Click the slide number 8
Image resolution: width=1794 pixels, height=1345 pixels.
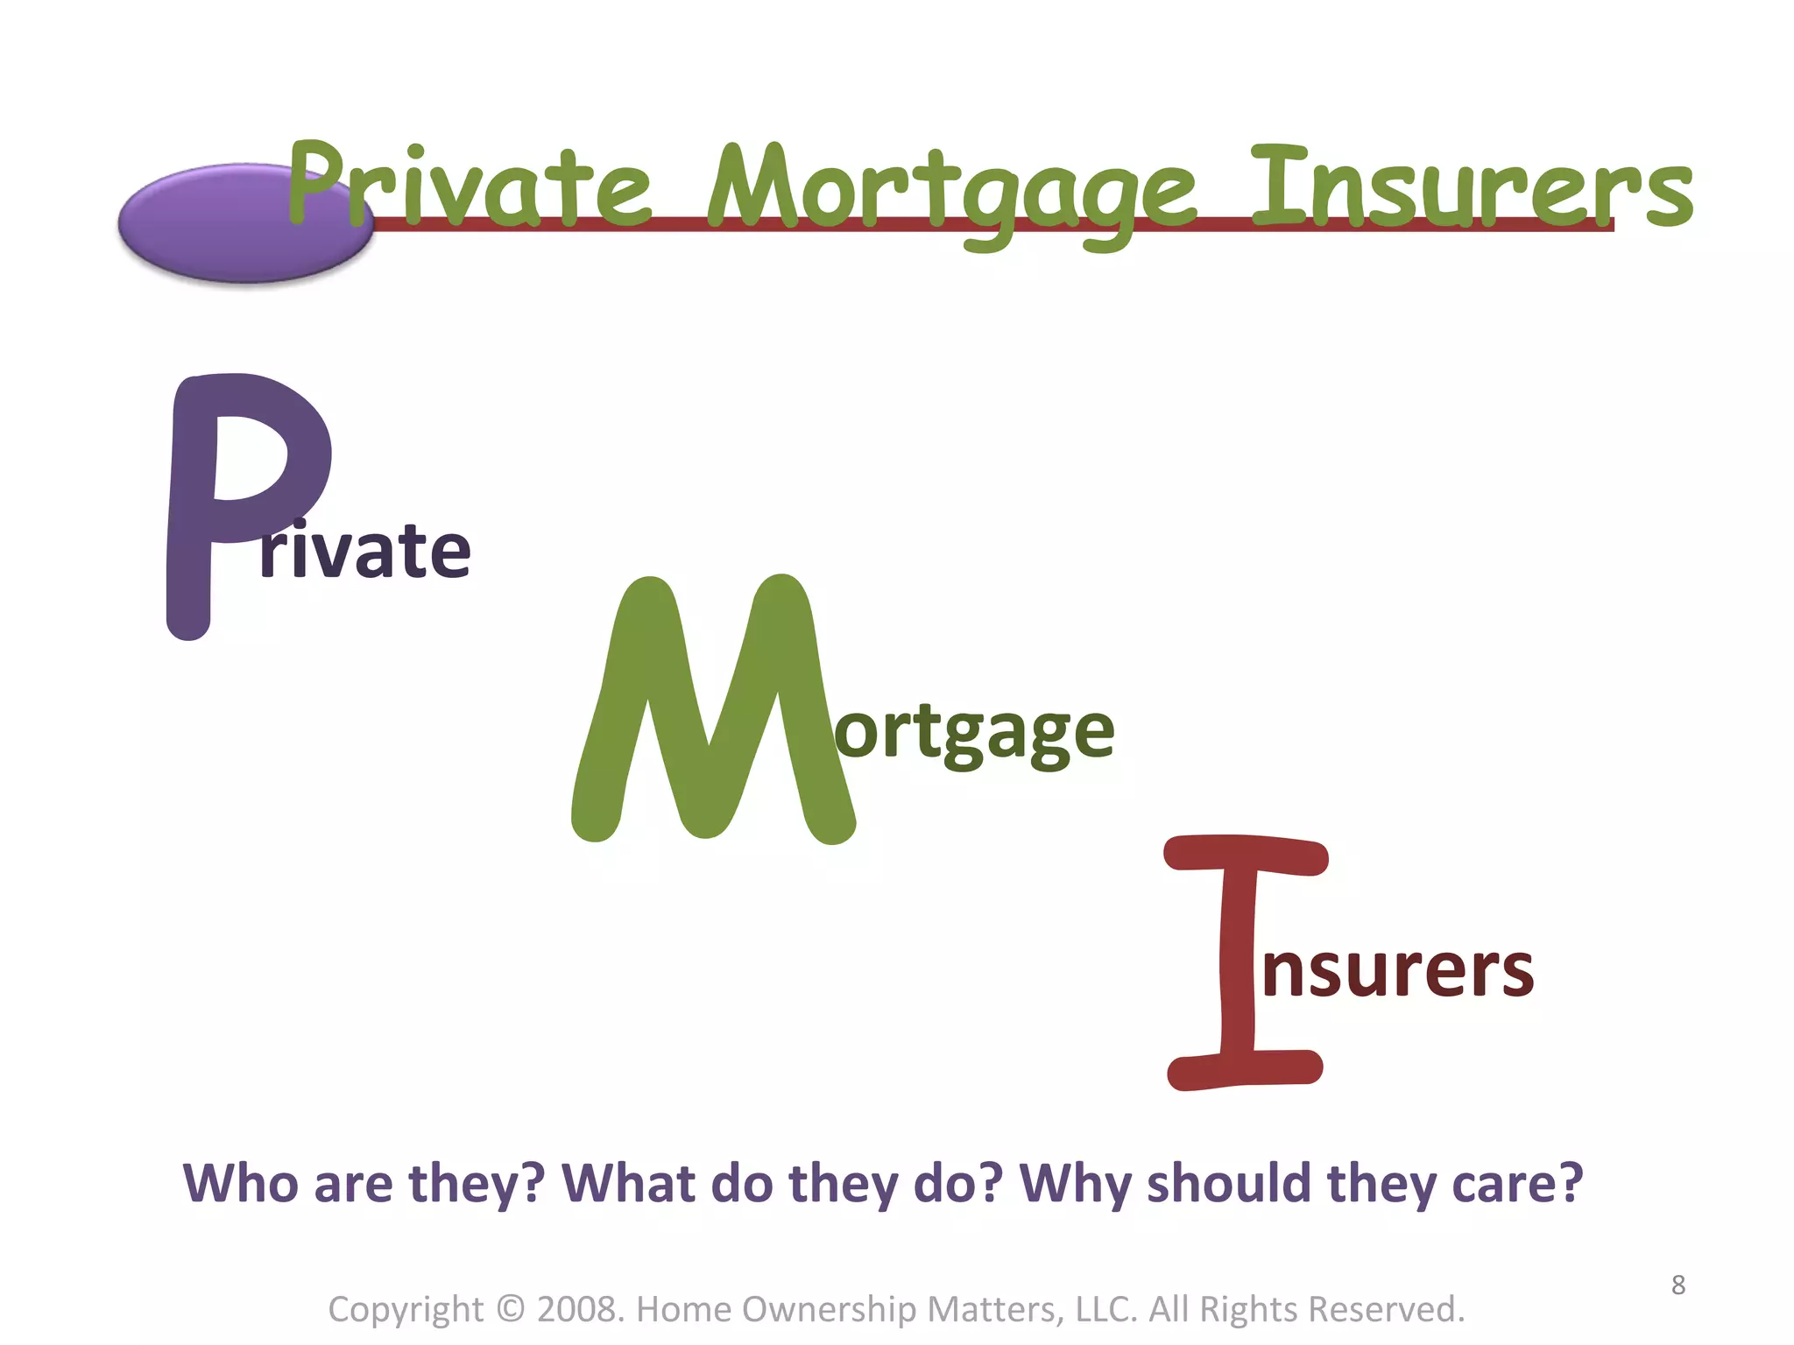tap(1677, 1285)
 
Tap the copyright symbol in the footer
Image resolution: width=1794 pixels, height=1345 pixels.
tap(510, 1308)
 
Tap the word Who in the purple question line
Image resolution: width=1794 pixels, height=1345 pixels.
tap(240, 1183)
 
